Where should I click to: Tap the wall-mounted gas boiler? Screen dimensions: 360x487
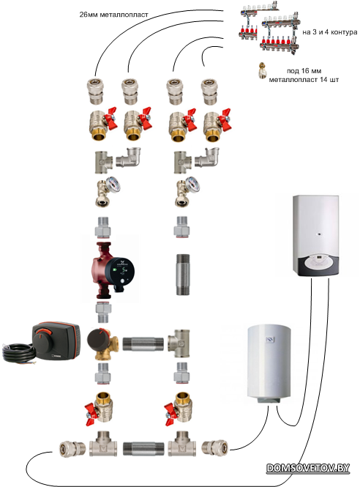pyautogui.click(x=316, y=235)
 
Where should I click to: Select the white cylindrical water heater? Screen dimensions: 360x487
pyautogui.click(x=269, y=363)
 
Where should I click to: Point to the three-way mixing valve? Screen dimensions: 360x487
pyautogui.click(x=102, y=344)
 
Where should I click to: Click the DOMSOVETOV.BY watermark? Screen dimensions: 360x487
pyautogui.click(x=308, y=468)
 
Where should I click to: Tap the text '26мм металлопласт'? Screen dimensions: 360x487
pyautogui.click(x=113, y=15)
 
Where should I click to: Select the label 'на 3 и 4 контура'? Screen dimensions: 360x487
pyautogui.click(x=329, y=32)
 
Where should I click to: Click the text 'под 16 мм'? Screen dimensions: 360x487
pyautogui.click(x=304, y=71)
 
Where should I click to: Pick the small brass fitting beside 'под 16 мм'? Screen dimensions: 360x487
pyautogui.click(x=263, y=70)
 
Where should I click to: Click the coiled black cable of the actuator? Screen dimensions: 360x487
pyautogui.click(x=18, y=353)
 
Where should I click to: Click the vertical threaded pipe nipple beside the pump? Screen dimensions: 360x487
pyautogui.click(x=183, y=274)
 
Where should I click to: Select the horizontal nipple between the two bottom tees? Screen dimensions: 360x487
pyautogui.click(x=143, y=449)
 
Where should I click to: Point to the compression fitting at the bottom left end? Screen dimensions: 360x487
pyautogui.click(x=72, y=449)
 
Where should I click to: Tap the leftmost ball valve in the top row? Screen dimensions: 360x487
pyautogui.click(x=102, y=123)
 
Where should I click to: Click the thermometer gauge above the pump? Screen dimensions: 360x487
pyautogui.click(x=112, y=185)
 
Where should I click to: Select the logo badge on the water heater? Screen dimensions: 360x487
pyautogui.click(x=270, y=340)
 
